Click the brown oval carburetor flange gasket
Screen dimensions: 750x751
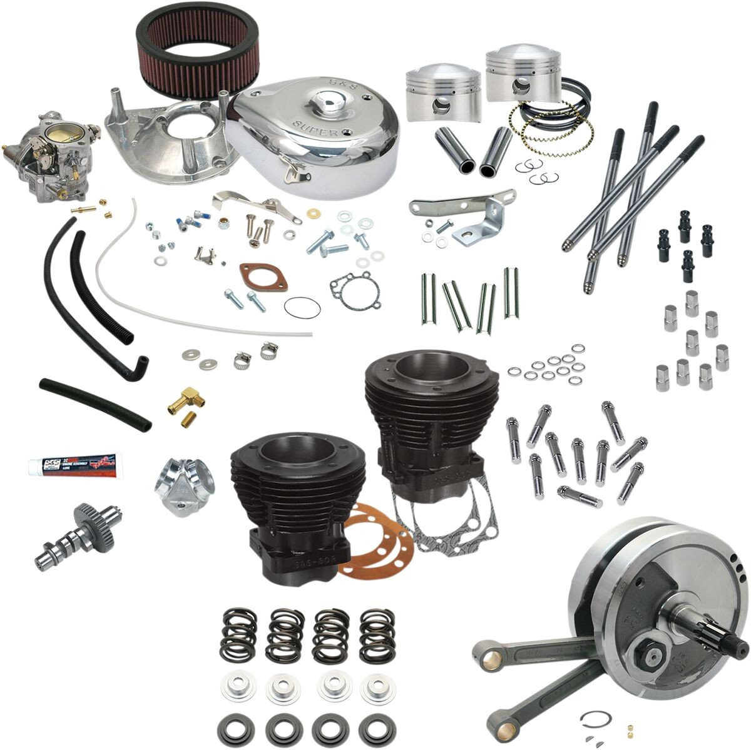pyautogui.click(x=263, y=277)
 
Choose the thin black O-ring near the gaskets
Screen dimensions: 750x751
pyautogui.click(x=302, y=307)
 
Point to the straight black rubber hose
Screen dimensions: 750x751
pyautogui.click(x=94, y=403)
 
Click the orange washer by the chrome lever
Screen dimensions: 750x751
pyautogui.click(x=311, y=213)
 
